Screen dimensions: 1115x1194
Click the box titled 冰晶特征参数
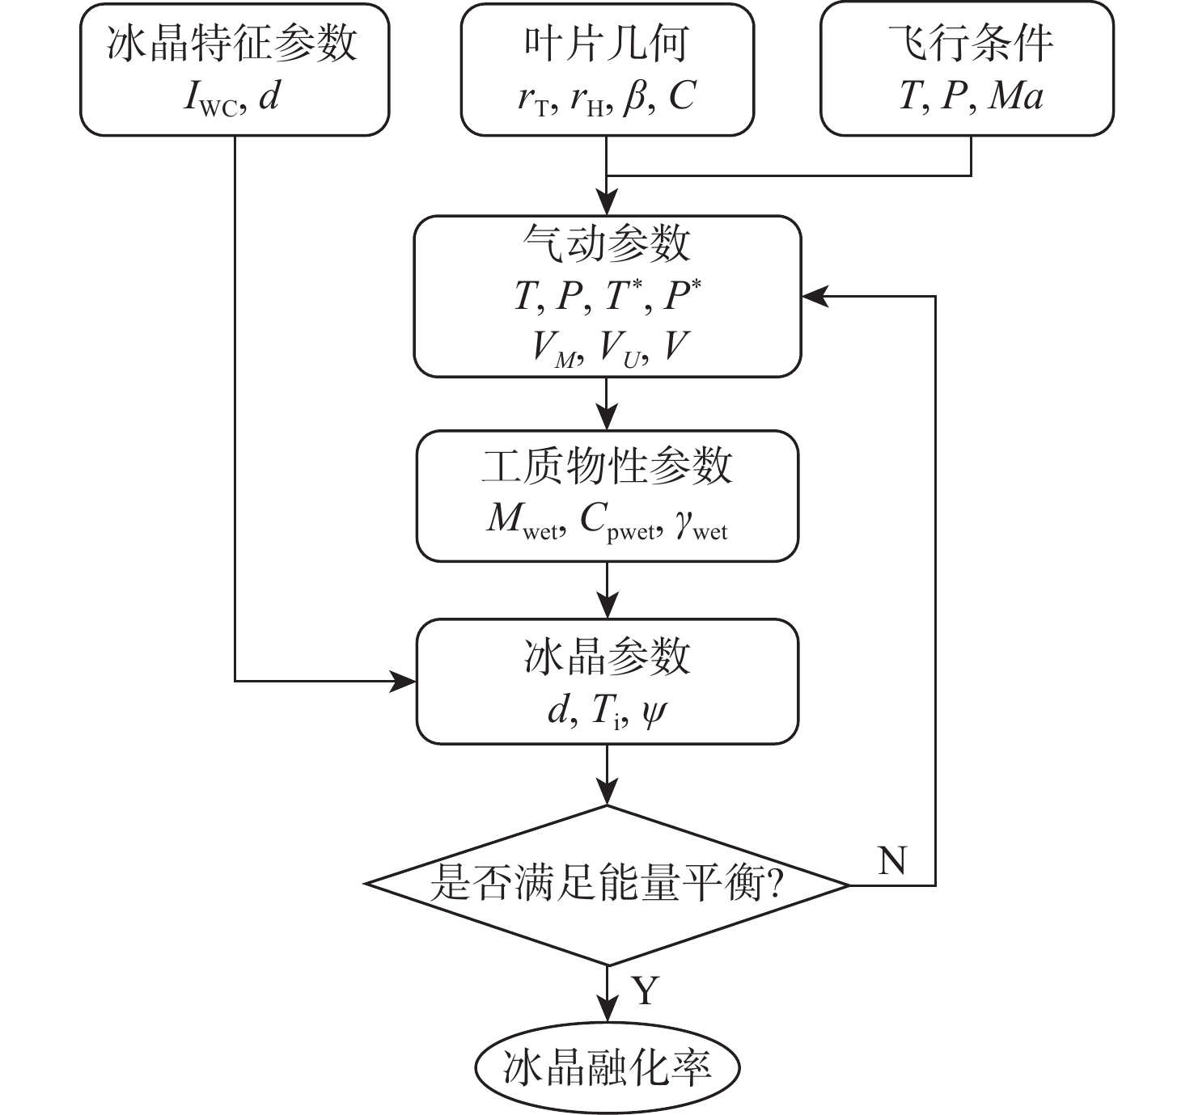[235, 70]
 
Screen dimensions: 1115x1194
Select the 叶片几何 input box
[607, 70]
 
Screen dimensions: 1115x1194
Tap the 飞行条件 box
[967, 70]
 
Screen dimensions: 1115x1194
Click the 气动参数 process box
[607, 296]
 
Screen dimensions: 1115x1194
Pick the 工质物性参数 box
[607, 496]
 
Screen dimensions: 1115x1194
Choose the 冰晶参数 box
[607, 681]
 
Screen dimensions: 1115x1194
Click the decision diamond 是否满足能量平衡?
[607, 885]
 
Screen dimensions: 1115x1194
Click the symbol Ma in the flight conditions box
[1016, 96]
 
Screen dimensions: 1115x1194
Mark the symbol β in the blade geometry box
[635, 98]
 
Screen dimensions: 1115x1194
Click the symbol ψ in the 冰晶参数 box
[653, 712]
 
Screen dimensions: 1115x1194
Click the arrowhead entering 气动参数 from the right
[812, 297]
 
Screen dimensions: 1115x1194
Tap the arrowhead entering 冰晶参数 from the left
[404, 681]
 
